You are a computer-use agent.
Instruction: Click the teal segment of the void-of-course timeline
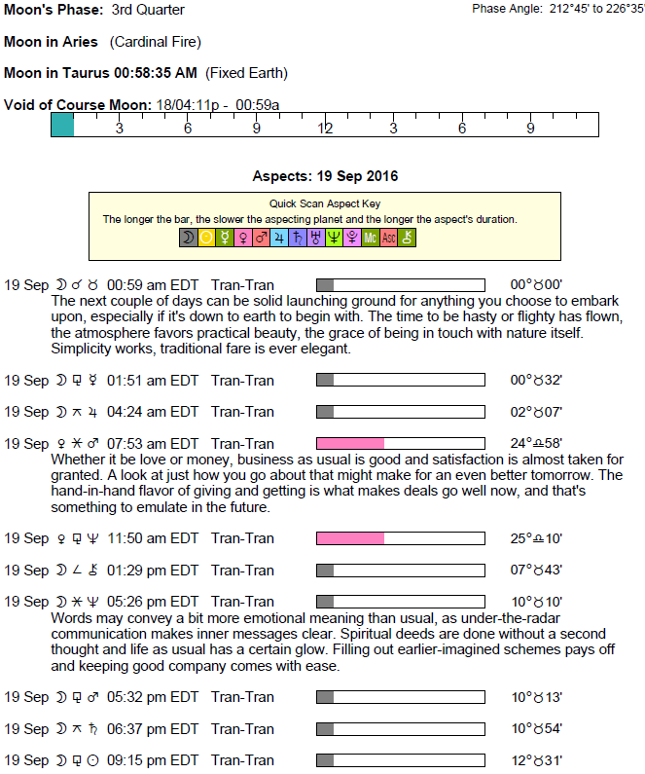(x=62, y=125)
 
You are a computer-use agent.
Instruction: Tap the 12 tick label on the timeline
(x=325, y=129)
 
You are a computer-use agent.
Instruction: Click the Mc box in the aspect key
(x=370, y=237)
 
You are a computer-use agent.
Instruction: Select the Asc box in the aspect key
(x=388, y=237)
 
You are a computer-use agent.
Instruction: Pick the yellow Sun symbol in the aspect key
(x=206, y=237)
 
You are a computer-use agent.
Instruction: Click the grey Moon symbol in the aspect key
(x=188, y=237)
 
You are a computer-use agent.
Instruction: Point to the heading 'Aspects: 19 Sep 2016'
(x=325, y=177)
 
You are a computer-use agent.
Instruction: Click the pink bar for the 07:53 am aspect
(x=350, y=444)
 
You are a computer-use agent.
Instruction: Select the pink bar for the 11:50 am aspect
(x=350, y=538)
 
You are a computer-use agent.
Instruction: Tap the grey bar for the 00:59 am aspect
(x=326, y=285)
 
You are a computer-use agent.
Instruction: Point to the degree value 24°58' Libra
(x=536, y=444)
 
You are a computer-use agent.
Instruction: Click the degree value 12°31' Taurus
(x=536, y=760)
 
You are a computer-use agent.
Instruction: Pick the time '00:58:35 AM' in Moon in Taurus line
(x=156, y=73)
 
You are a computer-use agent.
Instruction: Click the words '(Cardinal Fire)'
(x=156, y=42)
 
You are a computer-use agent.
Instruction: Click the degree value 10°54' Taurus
(x=536, y=729)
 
